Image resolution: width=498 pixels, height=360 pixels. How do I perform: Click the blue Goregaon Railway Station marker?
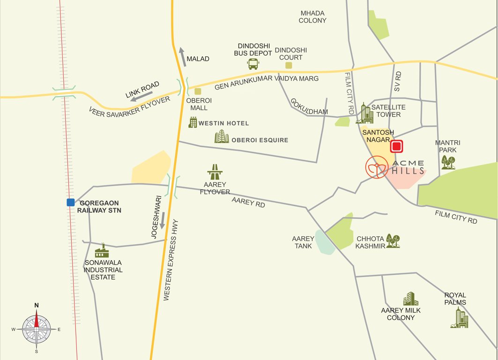70,202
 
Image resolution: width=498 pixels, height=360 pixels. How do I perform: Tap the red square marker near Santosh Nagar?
397,147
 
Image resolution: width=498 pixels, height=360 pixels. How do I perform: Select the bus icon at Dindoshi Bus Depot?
253,64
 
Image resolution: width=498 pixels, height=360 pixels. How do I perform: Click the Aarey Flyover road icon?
215,172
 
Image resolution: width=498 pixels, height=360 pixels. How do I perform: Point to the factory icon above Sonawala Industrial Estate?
102,251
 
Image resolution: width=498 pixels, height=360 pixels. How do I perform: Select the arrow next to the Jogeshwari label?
162,220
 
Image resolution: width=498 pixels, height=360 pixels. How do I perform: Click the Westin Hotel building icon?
193,123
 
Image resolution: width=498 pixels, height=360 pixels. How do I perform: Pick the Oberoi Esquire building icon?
222,137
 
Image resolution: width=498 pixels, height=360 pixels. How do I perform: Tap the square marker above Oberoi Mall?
198,91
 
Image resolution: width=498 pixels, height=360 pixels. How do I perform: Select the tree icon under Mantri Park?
448,163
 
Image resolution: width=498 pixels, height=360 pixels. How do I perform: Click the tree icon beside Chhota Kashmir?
393,241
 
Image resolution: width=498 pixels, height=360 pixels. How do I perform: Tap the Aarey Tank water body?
324,243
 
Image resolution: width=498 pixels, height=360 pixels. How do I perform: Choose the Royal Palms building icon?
459,318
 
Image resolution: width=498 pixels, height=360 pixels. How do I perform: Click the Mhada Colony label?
312,17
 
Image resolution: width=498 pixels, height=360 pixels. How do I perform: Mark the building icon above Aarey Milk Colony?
410,299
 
